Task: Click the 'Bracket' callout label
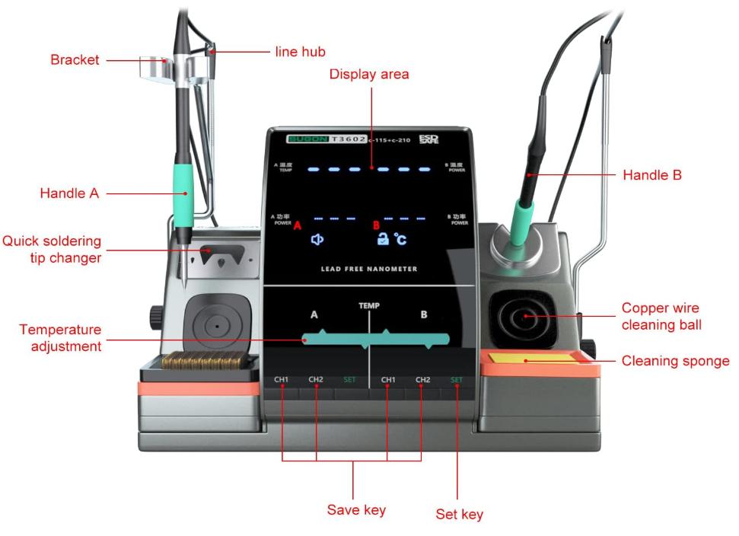point(75,59)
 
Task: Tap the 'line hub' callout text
point(300,52)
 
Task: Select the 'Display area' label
point(369,74)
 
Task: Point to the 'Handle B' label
point(652,175)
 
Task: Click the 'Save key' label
point(356,509)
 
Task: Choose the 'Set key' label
point(459,515)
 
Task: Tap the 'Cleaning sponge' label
point(676,361)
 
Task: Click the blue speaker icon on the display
point(317,239)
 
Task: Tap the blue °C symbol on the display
point(400,240)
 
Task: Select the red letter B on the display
point(376,225)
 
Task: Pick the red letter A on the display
point(298,225)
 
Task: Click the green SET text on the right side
point(457,379)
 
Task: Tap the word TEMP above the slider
point(369,305)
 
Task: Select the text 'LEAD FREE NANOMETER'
point(369,269)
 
